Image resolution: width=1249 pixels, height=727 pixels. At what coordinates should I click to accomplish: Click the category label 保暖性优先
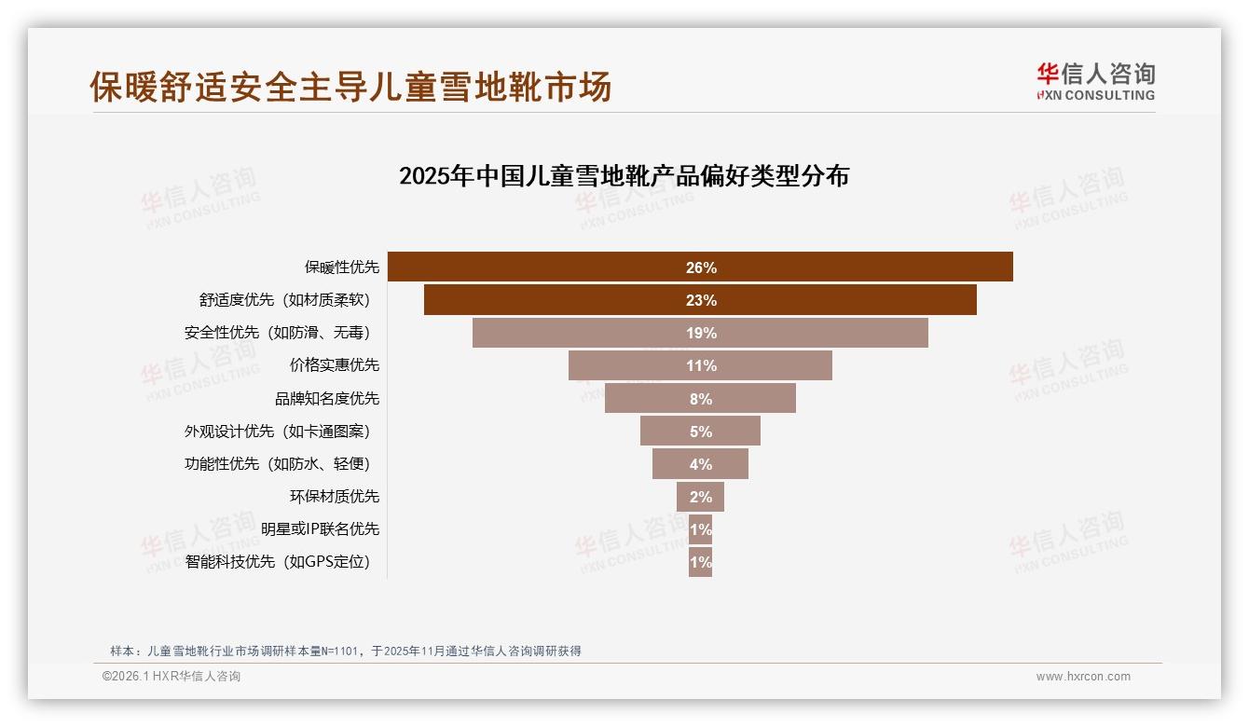[x=342, y=267]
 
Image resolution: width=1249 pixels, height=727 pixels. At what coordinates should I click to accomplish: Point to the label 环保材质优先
[x=335, y=497]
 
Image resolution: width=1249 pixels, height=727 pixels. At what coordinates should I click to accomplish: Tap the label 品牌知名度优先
[x=327, y=399]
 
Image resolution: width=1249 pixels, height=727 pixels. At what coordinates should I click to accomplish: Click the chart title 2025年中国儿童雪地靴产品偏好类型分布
[x=624, y=176]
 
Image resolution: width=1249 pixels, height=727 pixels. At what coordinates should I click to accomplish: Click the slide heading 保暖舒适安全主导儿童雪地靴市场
[x=350, y=87]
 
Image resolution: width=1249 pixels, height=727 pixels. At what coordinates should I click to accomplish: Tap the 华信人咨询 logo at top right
[x=1095, y=81]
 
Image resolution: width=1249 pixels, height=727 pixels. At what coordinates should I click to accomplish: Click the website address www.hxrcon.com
[x=1083, y=677]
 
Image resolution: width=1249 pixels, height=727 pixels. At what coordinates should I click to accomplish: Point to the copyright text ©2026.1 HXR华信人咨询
[x=172, y=677]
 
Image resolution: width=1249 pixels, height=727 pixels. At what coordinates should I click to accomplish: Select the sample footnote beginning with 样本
[x=346, y=651]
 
